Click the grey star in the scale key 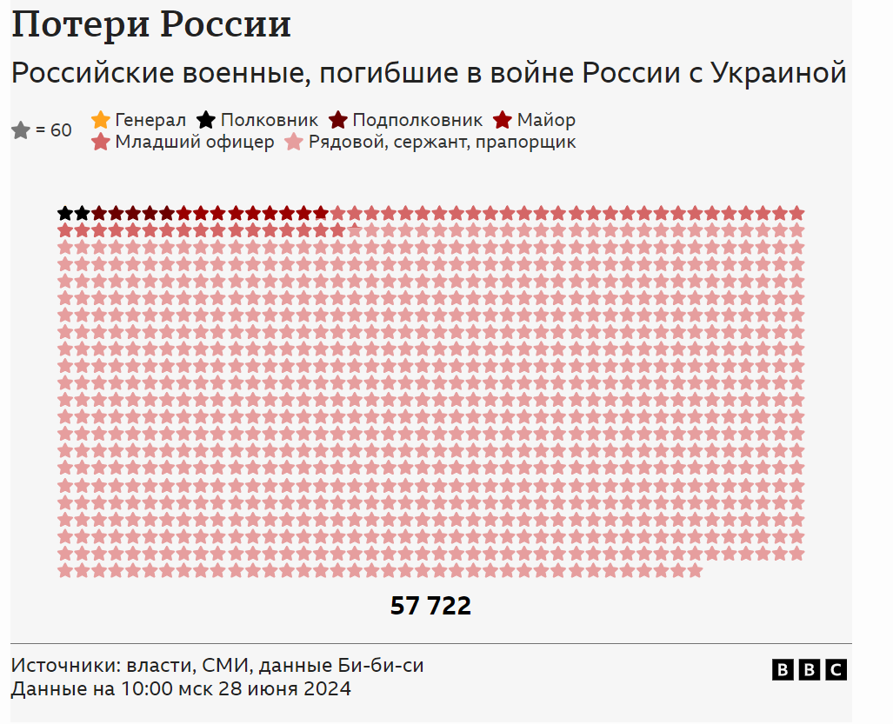(x=21, y=131)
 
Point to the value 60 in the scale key (x=61, y=131)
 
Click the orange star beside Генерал (x=101, y=120)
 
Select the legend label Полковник (x=270, y=120)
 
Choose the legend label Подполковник (x=417, y=120)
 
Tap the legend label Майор (x=546, y=120)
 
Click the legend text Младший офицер (x=195, y=142)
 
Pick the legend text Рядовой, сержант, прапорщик (x=442, y=142)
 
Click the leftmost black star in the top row (x=65, y=213)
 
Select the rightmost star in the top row (x=796, y=213)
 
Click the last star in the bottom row (x=695, y=571)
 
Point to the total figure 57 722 (x=430, y=606)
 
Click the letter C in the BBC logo (x=836, y=669)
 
